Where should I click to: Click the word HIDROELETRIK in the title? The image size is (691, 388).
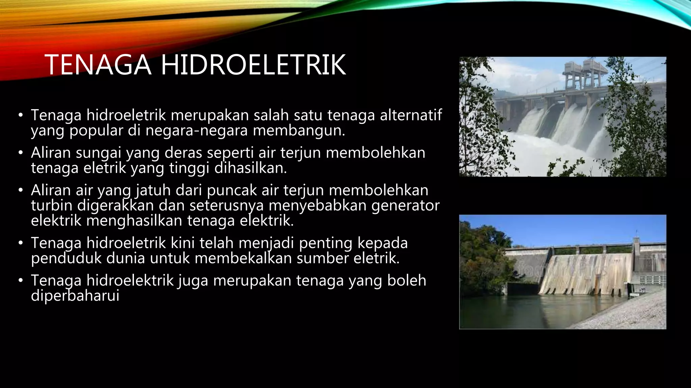point(253,65)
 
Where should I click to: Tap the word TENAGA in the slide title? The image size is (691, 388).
point(98,65)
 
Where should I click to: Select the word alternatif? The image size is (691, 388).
point(411,115)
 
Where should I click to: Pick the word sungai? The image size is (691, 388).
point(98,153)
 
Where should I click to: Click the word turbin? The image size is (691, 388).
point(52,205)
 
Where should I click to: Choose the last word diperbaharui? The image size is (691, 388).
point(75,296)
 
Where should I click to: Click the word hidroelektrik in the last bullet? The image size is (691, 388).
point(130,281)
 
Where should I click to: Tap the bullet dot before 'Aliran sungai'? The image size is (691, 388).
point(21,153)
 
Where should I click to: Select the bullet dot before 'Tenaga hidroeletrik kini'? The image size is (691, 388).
point(21,243)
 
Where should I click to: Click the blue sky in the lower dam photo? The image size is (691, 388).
point(557,229)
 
